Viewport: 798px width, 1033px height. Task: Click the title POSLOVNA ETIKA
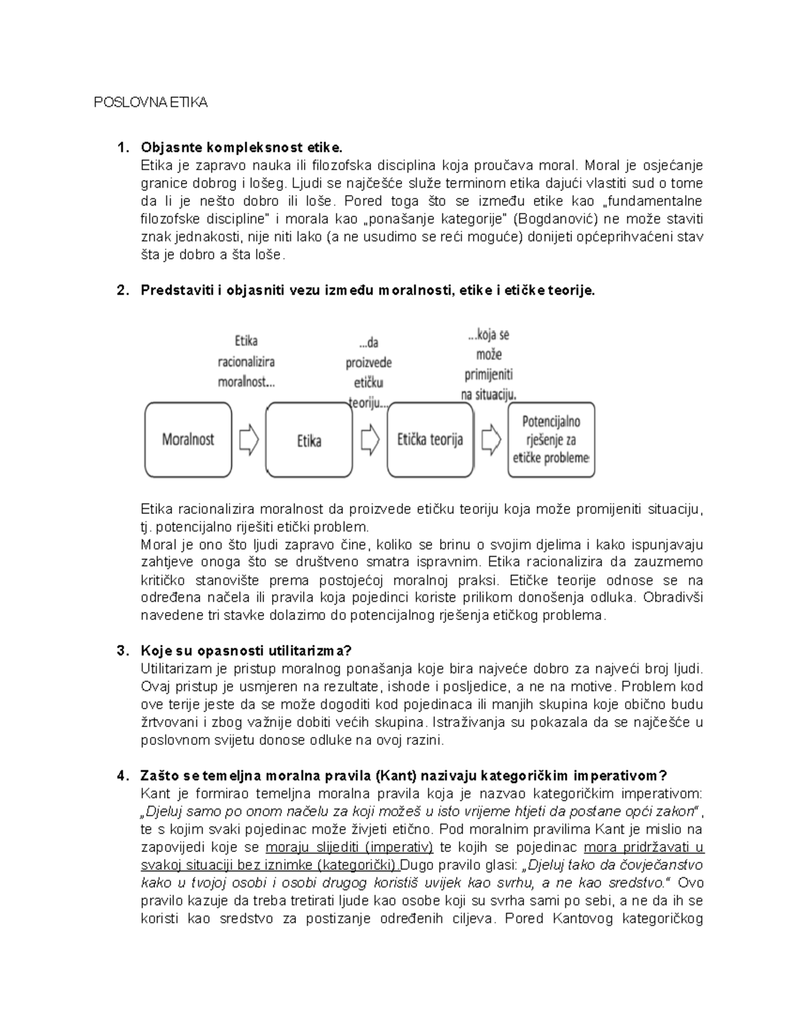pyautogui.click(x=150, y=102)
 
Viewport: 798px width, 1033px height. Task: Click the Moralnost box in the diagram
pyautogui.click(x=188, y=440)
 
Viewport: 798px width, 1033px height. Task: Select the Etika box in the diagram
pyautogui.click(x=309, y=440)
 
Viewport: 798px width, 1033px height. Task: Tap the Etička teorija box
pyautogui.click(x=430, y=440)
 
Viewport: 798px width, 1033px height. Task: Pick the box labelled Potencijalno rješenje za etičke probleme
pyautogui.click(x=551, y=440)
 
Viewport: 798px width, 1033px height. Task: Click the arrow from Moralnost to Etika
pyautogui.click(x=249, y=440)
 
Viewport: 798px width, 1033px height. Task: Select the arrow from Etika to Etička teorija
pyautogui.click(x=370, y=440)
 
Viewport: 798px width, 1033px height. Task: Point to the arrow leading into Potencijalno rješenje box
pyautogui.click(x=491, y=440)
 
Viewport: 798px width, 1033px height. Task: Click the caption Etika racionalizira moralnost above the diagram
pyautogui.click(x=246, y=362)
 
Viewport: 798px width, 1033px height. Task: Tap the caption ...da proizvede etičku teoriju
pyautogui.click(x=368, y=372)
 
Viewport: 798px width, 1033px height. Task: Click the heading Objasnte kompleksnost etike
pyautogui.click(x=242, y=147)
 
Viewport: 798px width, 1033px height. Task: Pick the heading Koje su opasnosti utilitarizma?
pyautogui.click(x=246, y=651)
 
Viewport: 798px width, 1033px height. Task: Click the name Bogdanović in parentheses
pyautogui.click(x=551, y=219)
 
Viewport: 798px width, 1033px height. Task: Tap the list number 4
pyautogui.click(x=121, y=776)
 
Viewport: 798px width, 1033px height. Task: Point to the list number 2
pyautogui.click(x=121, y=291)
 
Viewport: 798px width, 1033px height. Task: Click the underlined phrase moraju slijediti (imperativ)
pyautogui.click(x=349, y=847)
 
